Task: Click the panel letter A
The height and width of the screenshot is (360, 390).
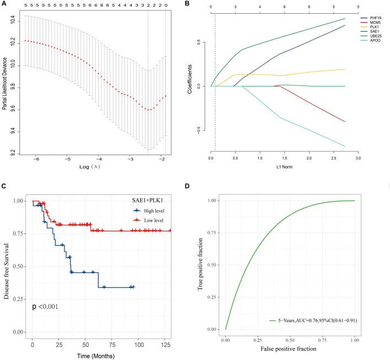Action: [3, 4]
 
